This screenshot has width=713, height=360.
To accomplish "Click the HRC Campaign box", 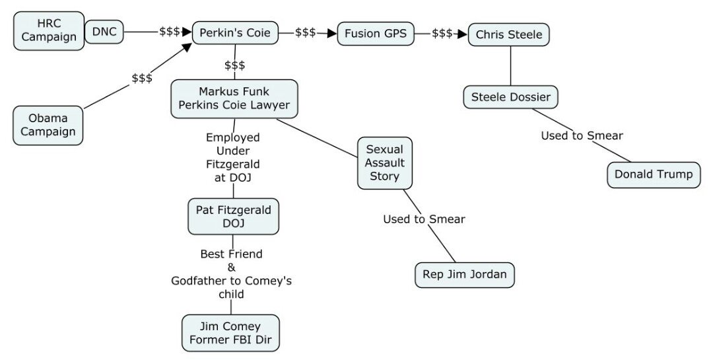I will click(x=49, y=30).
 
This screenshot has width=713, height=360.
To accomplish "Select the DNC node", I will click(x=104, y=31).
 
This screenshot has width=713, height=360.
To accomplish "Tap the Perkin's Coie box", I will click(x=234, y=32).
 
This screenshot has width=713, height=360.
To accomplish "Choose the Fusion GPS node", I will click(x=376, y=32).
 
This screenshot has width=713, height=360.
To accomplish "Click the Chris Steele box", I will click(x=509, y=34).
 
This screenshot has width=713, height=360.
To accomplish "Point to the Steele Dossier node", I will click(x=510, y=98).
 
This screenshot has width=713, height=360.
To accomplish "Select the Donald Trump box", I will click(x=654, y=174).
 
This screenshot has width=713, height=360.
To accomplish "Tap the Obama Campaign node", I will click(x=48, y=125).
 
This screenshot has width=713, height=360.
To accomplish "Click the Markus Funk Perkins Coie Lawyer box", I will click(x=234, y=98).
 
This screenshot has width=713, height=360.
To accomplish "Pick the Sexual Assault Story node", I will click(x=385, y=162).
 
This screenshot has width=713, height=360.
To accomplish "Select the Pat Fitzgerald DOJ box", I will click(x=234, y=216).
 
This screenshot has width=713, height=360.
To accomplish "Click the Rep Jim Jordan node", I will click(x=464, y=275).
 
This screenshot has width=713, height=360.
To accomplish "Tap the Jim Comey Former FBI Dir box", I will click(x=230, y=333).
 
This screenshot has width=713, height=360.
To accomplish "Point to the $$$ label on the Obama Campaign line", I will click(x=142, y=78).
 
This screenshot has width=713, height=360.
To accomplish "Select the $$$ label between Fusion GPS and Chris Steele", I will click(x=442, y=33).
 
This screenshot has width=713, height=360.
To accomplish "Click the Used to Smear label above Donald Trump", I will click(x=582, y=136).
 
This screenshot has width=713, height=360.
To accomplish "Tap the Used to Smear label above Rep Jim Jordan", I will click(x=424, y=219).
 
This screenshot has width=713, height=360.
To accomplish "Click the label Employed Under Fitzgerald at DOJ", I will click(x=233, y=157).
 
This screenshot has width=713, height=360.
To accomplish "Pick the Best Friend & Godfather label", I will click(x=231, y=273).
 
